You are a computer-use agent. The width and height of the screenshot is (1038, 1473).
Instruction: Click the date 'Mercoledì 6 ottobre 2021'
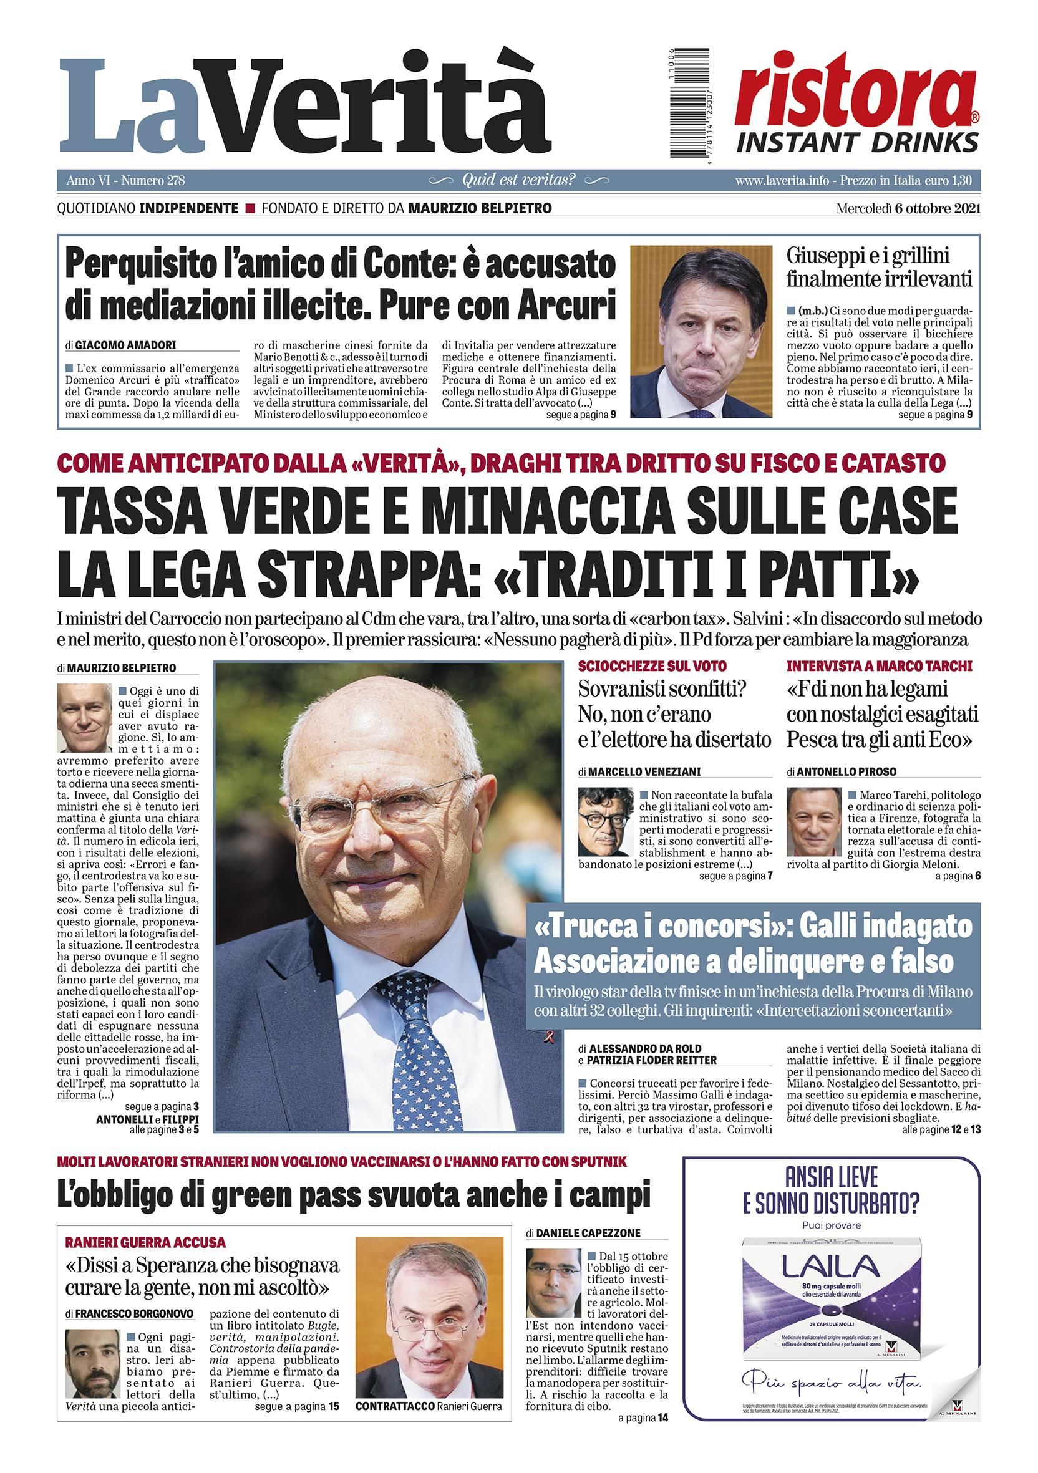tap(908, 208)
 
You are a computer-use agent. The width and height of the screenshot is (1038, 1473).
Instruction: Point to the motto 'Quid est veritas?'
tap(518, 180)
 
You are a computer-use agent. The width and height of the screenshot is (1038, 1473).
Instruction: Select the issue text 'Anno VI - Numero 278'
tap(125, 180)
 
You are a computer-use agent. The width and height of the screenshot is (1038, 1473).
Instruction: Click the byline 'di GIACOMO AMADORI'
tap(120, 345)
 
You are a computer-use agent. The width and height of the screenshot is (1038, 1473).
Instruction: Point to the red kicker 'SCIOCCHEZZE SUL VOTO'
tap(652, 666)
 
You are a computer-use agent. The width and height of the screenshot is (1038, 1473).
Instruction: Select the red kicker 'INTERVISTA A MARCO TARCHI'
tap(880, 666)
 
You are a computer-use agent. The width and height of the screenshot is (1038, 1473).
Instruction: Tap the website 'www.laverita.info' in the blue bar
tap(781, 180)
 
